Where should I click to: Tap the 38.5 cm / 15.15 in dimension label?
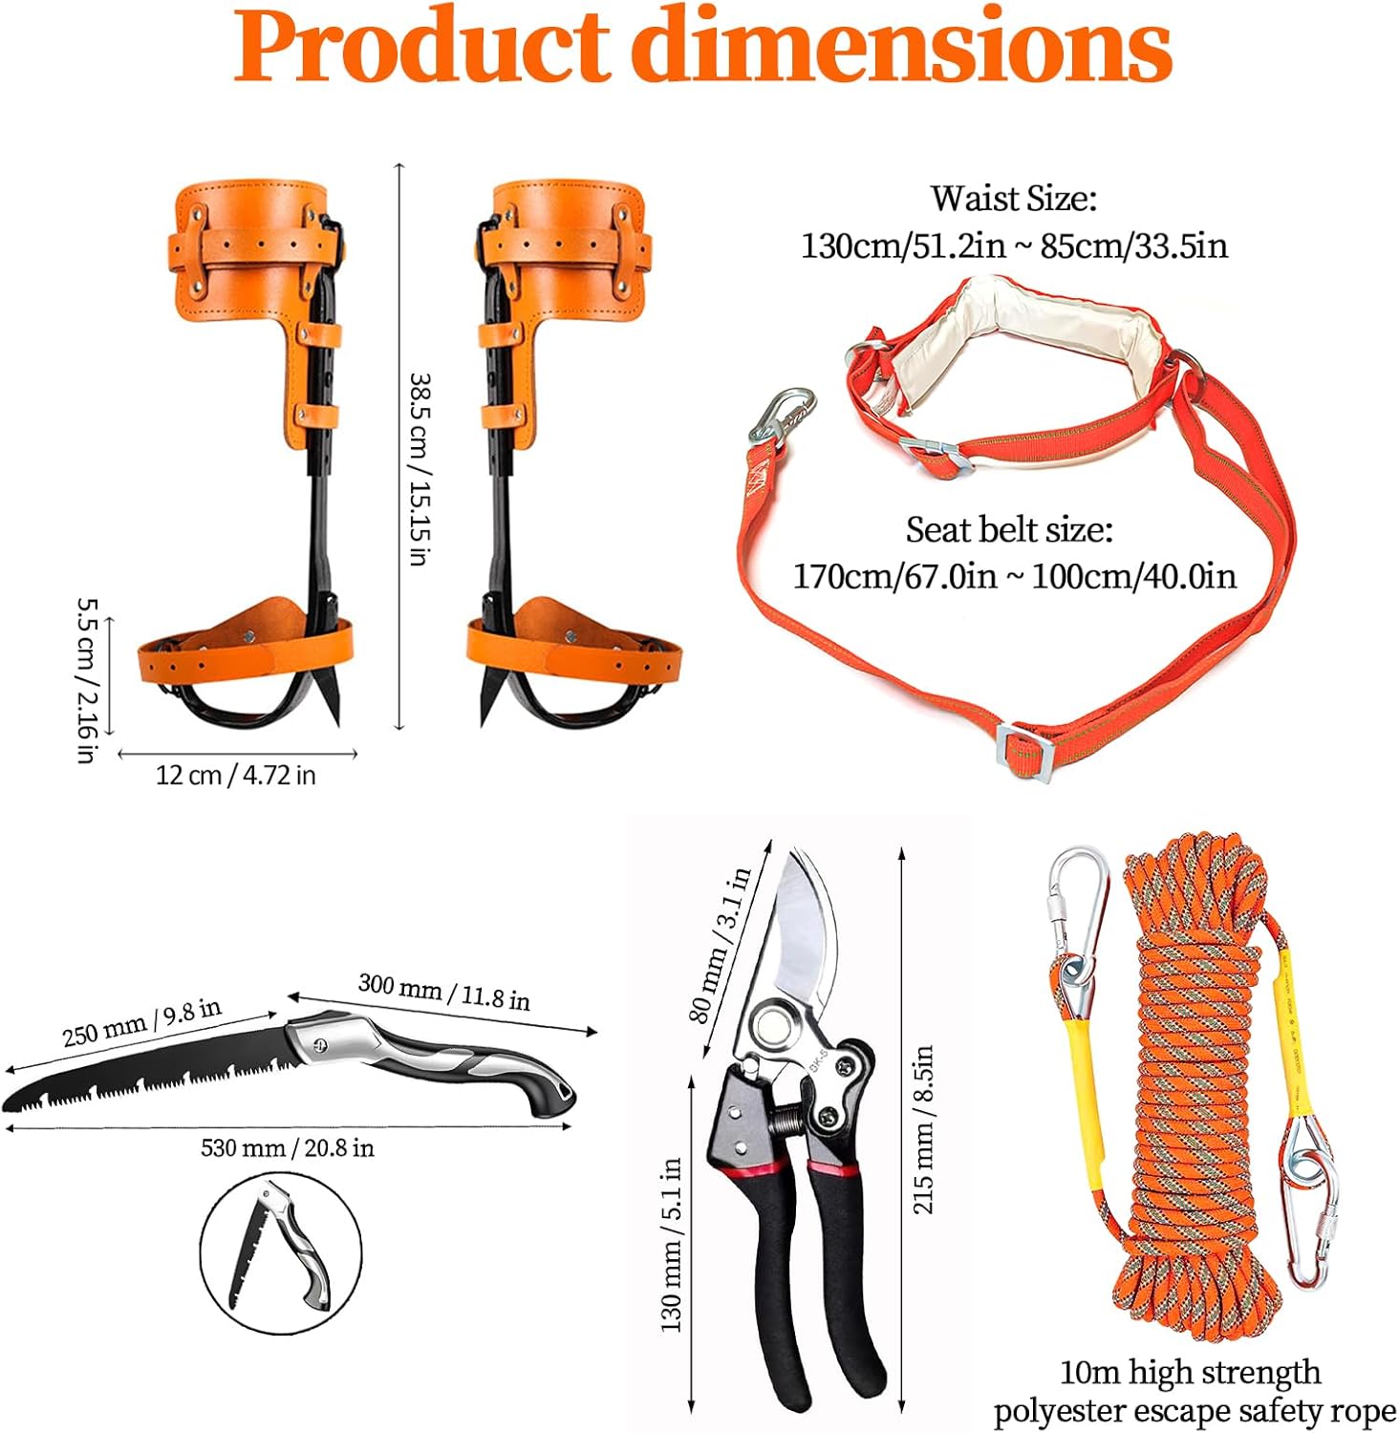(x=418, y=468)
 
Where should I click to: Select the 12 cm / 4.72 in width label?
(x=235, y=775)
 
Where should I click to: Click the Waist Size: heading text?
(x=1013, y=199)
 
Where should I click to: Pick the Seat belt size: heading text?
(x=1009, y=529)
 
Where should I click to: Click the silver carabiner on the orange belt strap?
(x=782, y=414)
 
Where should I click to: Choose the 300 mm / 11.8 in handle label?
(x=443, y=992)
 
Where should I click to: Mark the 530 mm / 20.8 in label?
(x=287, y=1147)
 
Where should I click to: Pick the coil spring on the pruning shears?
(x=786, y=1118)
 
